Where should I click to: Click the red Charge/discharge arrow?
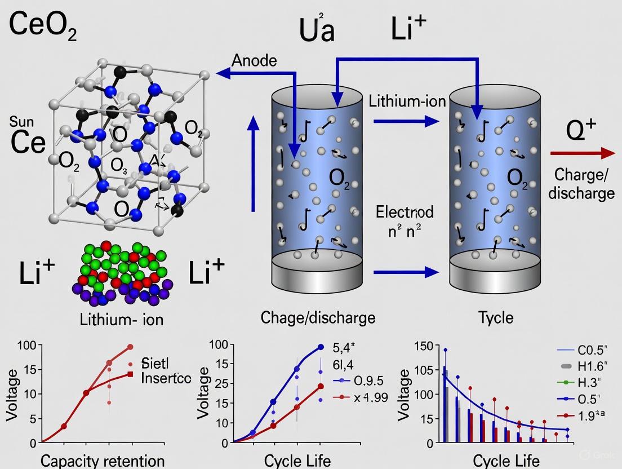coord(582,153)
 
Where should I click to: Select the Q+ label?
coord(581,131)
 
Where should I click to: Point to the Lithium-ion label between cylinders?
coord(407,101)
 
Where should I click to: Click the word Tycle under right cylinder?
coord(496,317)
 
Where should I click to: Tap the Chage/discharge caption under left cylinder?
coord(318,317)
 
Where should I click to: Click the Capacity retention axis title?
coord(103,461)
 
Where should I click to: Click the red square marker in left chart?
coord(130,374)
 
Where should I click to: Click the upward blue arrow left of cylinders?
coord(254,163)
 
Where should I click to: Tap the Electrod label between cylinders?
coord(405,213)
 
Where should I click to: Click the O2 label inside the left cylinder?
coord(339,178)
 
